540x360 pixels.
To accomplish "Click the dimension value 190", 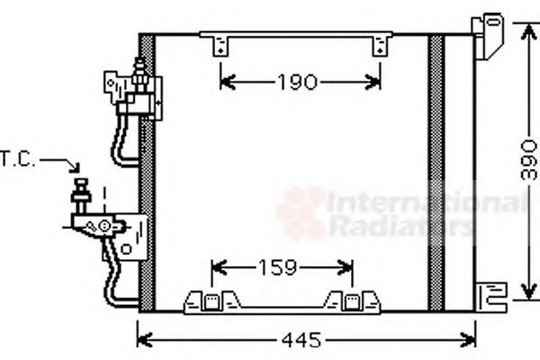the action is tap(297, 82).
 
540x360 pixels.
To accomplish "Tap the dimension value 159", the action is tap(277, 267).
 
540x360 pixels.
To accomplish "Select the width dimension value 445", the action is tap(301, 340).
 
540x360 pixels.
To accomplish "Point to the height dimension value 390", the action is tap(528, 159).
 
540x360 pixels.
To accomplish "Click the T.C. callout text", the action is tap(17, 159).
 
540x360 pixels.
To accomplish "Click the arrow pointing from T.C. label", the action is tap(60, 164).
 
